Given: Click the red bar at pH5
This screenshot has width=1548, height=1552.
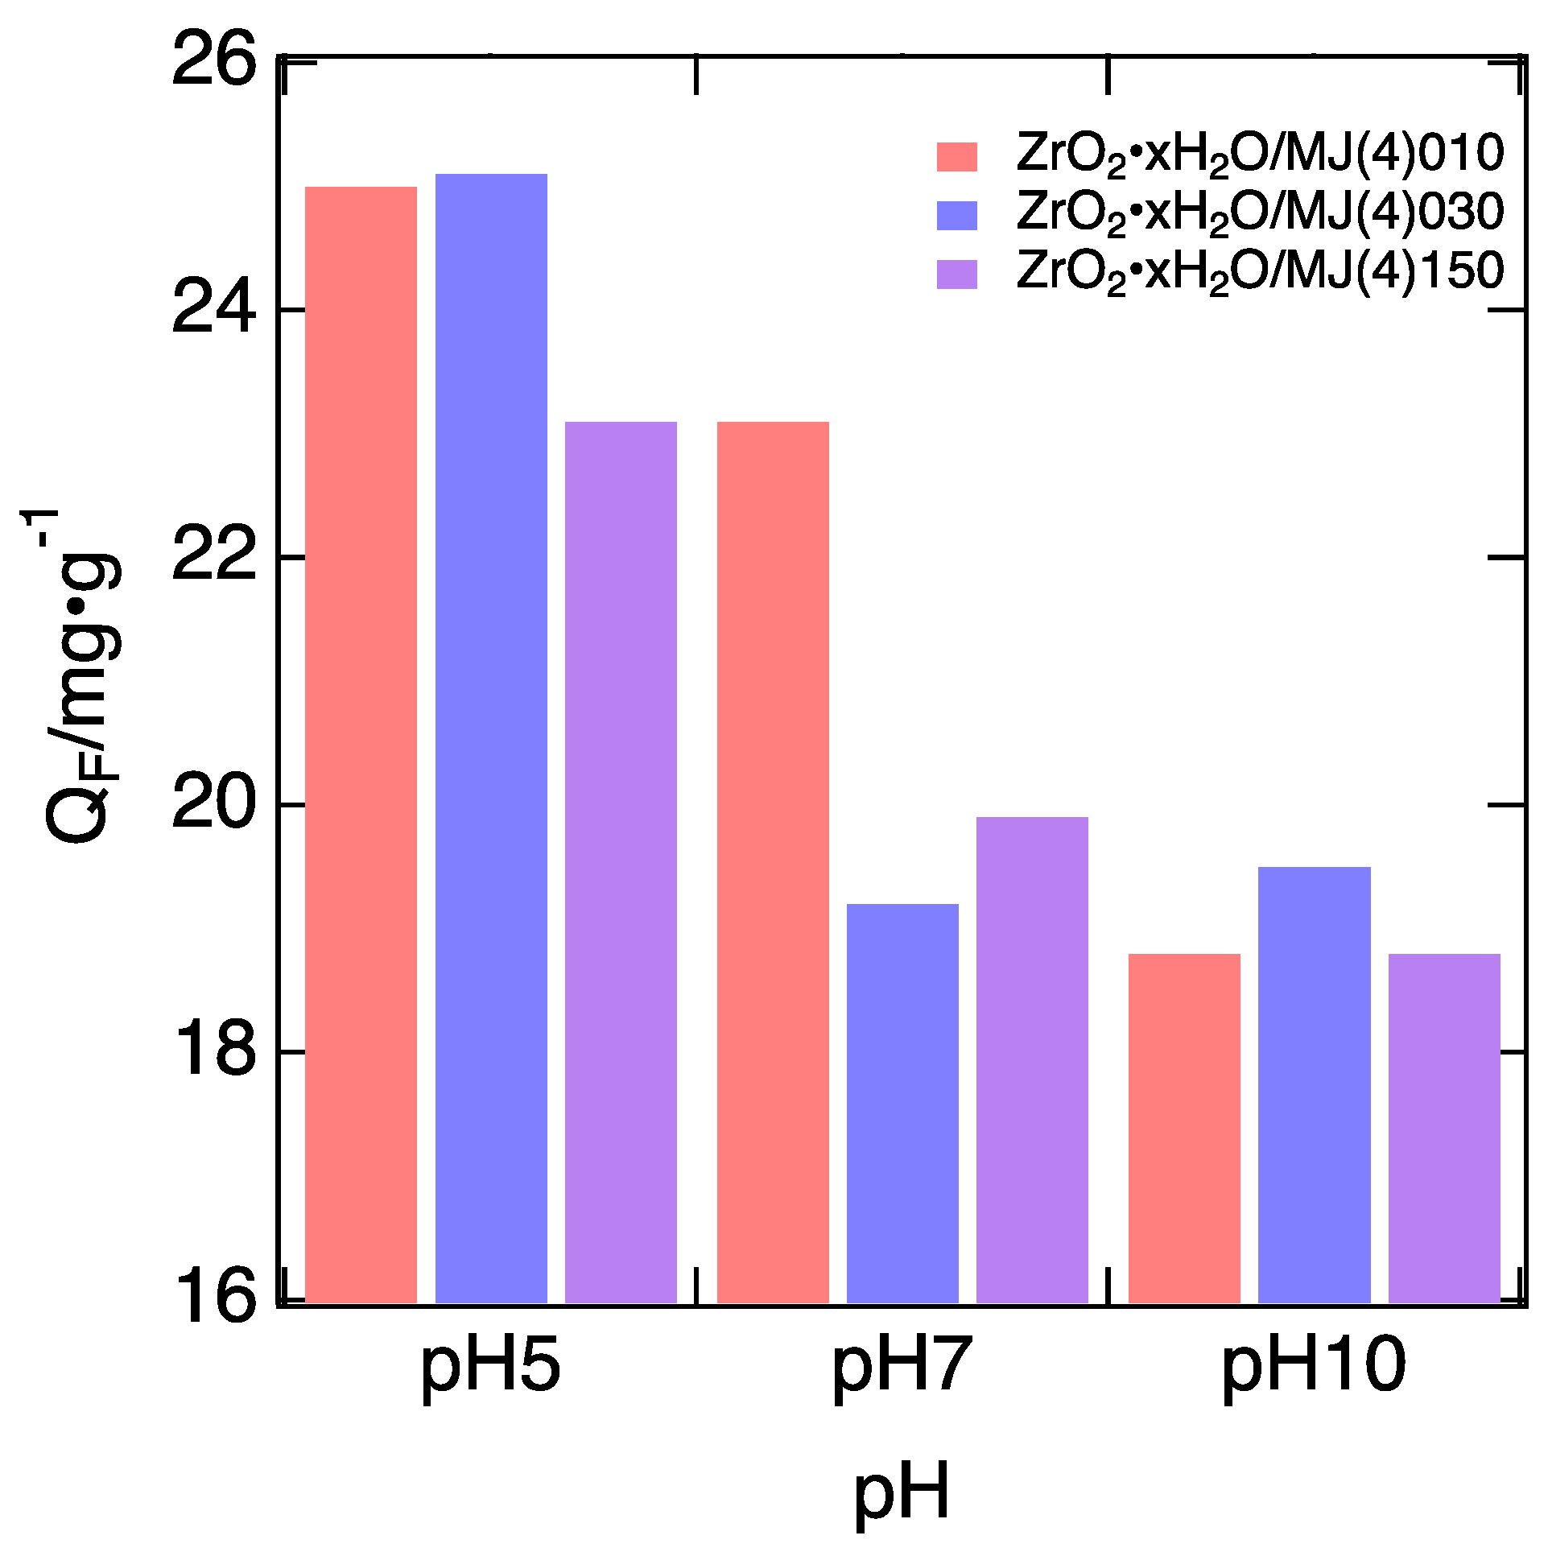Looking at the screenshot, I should tap(361, 745).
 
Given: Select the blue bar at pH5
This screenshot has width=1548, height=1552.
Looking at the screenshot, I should tap(491, 738).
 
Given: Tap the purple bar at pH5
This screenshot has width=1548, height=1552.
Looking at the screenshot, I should tap(621, 862).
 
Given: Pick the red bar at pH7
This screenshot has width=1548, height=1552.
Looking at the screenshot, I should tap(773, 862).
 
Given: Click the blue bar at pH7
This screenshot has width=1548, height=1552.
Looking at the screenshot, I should tap(902, 1104).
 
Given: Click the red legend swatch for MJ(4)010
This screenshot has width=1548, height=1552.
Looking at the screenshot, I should tap(956, 157).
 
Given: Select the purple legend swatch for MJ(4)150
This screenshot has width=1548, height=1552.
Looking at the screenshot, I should tap(956, 274).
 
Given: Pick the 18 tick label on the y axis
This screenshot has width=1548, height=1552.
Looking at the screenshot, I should tap(213, 1051).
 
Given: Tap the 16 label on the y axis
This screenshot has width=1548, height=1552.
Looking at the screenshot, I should tap(213, 1298).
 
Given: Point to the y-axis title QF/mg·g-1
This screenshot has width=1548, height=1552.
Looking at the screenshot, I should tap(80, 676).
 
